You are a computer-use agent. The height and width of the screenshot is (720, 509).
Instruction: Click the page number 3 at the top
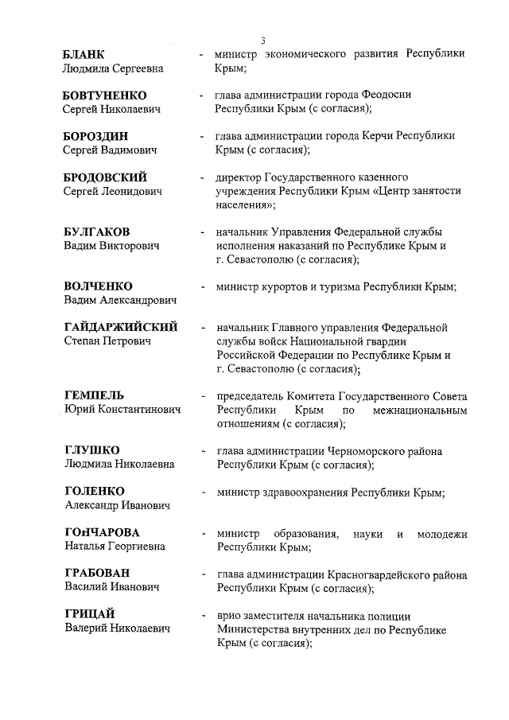(x=262, y=41)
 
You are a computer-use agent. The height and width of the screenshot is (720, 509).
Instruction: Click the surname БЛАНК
(x=84, y=54)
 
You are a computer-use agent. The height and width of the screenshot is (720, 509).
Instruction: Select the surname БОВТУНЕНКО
(x=104, y=95)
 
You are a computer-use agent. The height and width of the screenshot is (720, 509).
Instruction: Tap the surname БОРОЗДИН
(x=96, y=136)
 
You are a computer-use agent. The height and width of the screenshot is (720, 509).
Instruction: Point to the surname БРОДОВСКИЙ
(x=105, y=177)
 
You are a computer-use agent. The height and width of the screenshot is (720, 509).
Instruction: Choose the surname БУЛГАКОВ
(x=97, y=232)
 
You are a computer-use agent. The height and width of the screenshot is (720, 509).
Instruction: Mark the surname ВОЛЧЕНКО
(x=98, y=286)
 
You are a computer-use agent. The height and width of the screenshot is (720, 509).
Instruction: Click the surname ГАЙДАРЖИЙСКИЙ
(x=121, y=327)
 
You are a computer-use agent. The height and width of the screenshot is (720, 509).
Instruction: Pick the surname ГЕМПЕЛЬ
(x=94, y=395)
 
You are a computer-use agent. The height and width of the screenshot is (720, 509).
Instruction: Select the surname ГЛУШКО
(x=91, y=450)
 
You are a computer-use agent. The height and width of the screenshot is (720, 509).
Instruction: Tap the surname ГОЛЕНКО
(x=94, y=491)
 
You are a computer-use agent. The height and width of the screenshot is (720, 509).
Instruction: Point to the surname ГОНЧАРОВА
(x=101, y=532)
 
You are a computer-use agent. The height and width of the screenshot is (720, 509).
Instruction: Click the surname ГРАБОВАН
(x=97, y=574)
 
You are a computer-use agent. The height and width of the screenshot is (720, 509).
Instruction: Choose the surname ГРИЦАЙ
(x=89, y=614)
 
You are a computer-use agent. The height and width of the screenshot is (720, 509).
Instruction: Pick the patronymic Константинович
(x=140, y=410)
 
